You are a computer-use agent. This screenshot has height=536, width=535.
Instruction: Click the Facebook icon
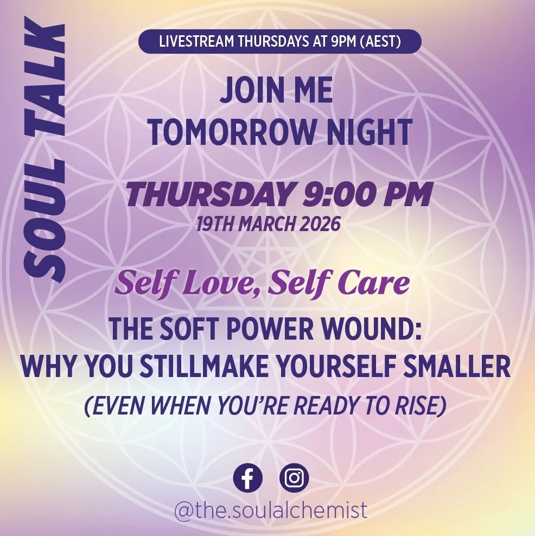247,478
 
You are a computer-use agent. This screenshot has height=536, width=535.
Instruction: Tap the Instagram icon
295,478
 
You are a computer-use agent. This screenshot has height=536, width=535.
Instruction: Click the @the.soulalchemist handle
271,511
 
